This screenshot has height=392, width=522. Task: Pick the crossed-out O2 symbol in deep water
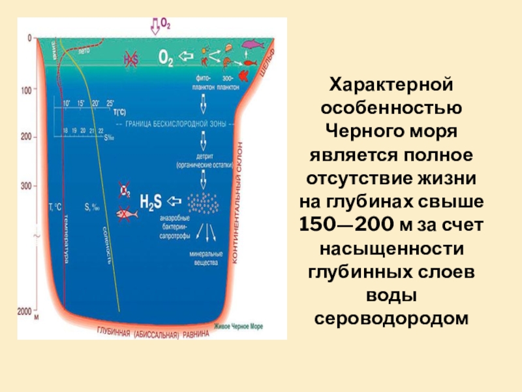124,192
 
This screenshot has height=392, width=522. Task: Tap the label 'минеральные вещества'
207,255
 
